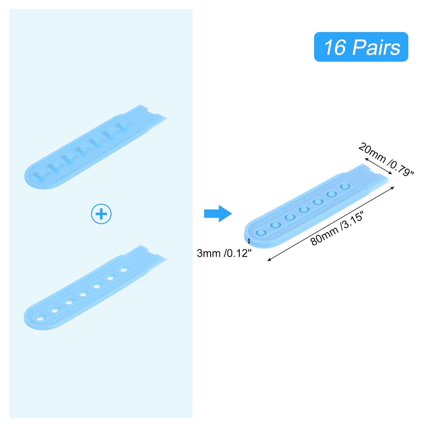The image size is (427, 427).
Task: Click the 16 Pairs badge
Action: click(x=361, y=47)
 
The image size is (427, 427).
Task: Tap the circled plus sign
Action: click(x=101, y=214)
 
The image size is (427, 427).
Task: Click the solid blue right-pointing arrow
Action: click(x=218, y=213)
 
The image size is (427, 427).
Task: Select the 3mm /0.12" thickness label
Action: click(x=224, y=253)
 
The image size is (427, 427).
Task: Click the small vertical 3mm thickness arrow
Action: click(x=249, y=241)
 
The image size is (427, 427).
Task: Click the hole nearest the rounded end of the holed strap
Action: click(x=41, y=319)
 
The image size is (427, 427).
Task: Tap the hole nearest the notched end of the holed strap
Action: click(x=124, y=270)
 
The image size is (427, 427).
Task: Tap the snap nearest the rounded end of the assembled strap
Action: click(x=260, y=233)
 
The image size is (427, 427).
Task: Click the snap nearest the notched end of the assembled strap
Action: click(x=345, y=186)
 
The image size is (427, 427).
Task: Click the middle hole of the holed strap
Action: click(x=83, y=294)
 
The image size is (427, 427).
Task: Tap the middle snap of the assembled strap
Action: click(x=304, y=209)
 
